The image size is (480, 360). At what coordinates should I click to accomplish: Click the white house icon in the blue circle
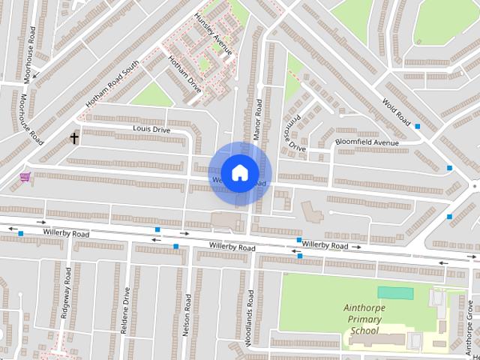point(238,172)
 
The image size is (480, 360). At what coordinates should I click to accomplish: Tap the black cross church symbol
point(74,138)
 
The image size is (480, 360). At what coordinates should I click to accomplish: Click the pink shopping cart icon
point(25,177)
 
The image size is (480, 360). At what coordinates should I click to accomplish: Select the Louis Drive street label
point(151,130)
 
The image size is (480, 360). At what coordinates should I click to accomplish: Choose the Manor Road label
point(257,119)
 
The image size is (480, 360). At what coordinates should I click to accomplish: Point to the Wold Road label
point(397,112)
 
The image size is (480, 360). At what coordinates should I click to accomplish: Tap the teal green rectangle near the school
point(395,292)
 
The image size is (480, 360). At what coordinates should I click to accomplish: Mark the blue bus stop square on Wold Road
point(417,127)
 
